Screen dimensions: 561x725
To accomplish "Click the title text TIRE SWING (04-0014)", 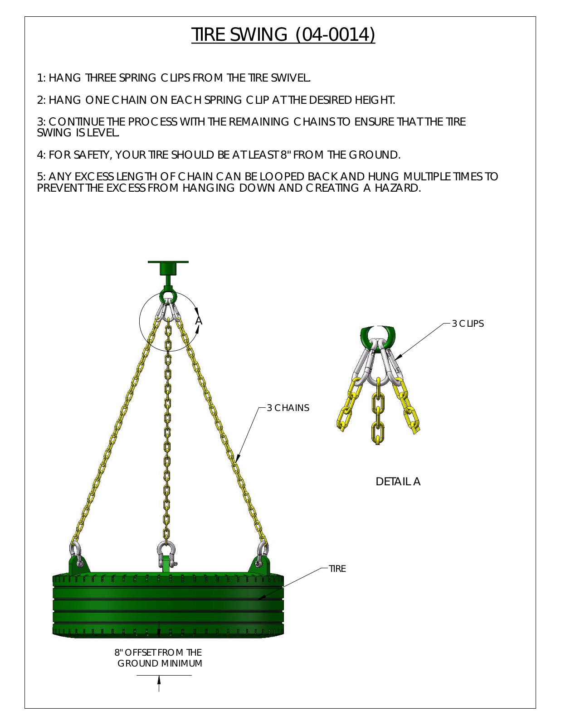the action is (283, 34).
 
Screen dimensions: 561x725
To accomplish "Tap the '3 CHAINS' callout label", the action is (288, 408).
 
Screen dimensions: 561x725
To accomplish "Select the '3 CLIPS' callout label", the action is (468, 324).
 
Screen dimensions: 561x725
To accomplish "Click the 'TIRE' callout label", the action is (337, 569).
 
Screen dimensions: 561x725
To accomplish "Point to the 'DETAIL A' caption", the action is (398, 481).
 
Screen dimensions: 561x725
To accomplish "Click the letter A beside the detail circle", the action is (199, 321).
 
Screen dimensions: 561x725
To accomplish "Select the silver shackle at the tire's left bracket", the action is (76, 554).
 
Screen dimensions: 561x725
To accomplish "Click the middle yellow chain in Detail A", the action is (378, 411).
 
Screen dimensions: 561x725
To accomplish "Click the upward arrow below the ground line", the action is (159, 683).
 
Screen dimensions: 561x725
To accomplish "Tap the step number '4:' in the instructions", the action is (41, 155).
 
